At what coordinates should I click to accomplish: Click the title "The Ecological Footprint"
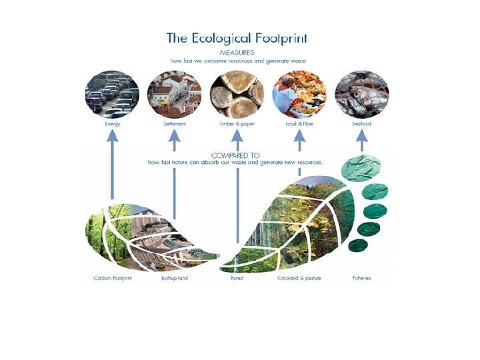(x=238, y=37)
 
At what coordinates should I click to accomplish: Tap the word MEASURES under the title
(x=237, y=52)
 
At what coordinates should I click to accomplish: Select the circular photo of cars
(x=111, y=94)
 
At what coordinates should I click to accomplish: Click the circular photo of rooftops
(x=174, y=94)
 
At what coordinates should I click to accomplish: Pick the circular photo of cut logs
(x=237, y=94)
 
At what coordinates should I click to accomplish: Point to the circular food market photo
(x=299, y=94)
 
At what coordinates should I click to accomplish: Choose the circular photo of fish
(x=361, y=94)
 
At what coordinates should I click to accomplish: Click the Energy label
(x=112, y=125)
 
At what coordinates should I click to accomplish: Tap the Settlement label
(x=174, y=125)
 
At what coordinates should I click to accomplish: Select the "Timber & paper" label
(x=237, y=125)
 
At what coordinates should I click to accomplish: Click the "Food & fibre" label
(x=299, y=125)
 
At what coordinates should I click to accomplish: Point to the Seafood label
(x=361, y=125)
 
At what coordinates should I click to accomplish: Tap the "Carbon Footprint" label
(x=113, y=278)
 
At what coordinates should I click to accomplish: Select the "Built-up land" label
(x=175, y=278)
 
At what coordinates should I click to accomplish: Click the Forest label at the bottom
(x=237, y=278)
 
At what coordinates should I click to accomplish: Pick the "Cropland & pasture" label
(x=299, y=278)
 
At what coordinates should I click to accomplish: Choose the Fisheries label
(x=361, y=278)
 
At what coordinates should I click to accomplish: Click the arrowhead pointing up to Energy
(x=112, y=136)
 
